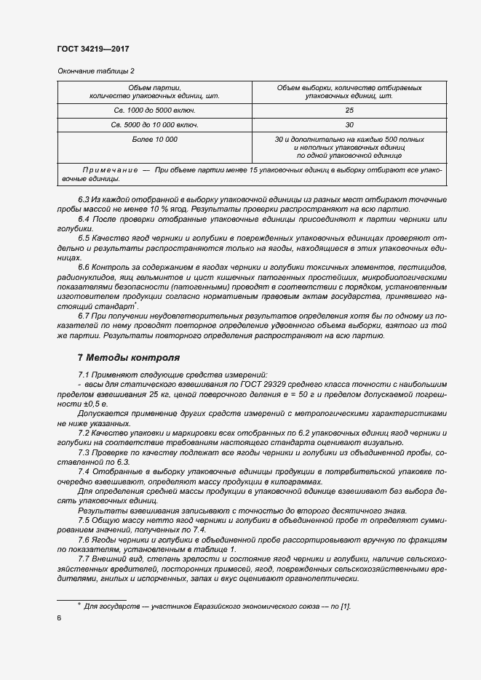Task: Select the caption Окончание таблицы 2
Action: [95, 71]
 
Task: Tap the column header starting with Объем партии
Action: [154, 91]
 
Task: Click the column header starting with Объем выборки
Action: [349, 91]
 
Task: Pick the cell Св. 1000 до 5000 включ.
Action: [154, 110]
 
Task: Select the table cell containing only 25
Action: [349, 110]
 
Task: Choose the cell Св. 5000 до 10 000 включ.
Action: [154, 124]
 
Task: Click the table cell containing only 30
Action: [349, 124]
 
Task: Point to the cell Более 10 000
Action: [154, 138]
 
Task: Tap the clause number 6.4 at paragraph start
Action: [84, 220]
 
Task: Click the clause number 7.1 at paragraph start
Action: [84, 372]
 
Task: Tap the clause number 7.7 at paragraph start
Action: [84, 559]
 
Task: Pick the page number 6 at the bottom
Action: [60, 618]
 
